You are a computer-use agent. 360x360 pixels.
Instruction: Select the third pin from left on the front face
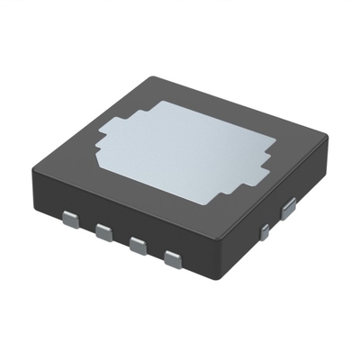pos(138,247)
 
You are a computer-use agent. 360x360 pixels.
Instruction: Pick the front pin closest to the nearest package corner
pos(172,262)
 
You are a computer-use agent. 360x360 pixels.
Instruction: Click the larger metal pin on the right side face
pos(289,210)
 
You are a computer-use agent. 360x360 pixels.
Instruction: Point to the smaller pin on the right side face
pos(264,232)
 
